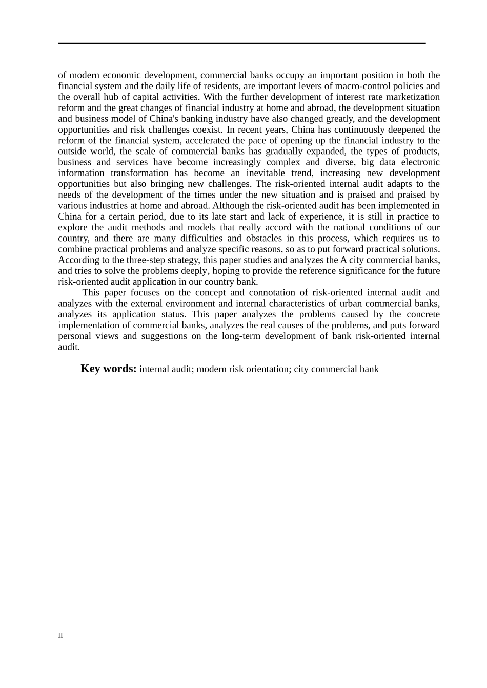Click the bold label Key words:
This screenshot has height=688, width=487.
pos(108,369)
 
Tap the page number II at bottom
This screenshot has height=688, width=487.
pos(60,635)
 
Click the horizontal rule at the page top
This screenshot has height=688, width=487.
pos(242,43)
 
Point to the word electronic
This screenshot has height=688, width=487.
pos(420,162)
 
